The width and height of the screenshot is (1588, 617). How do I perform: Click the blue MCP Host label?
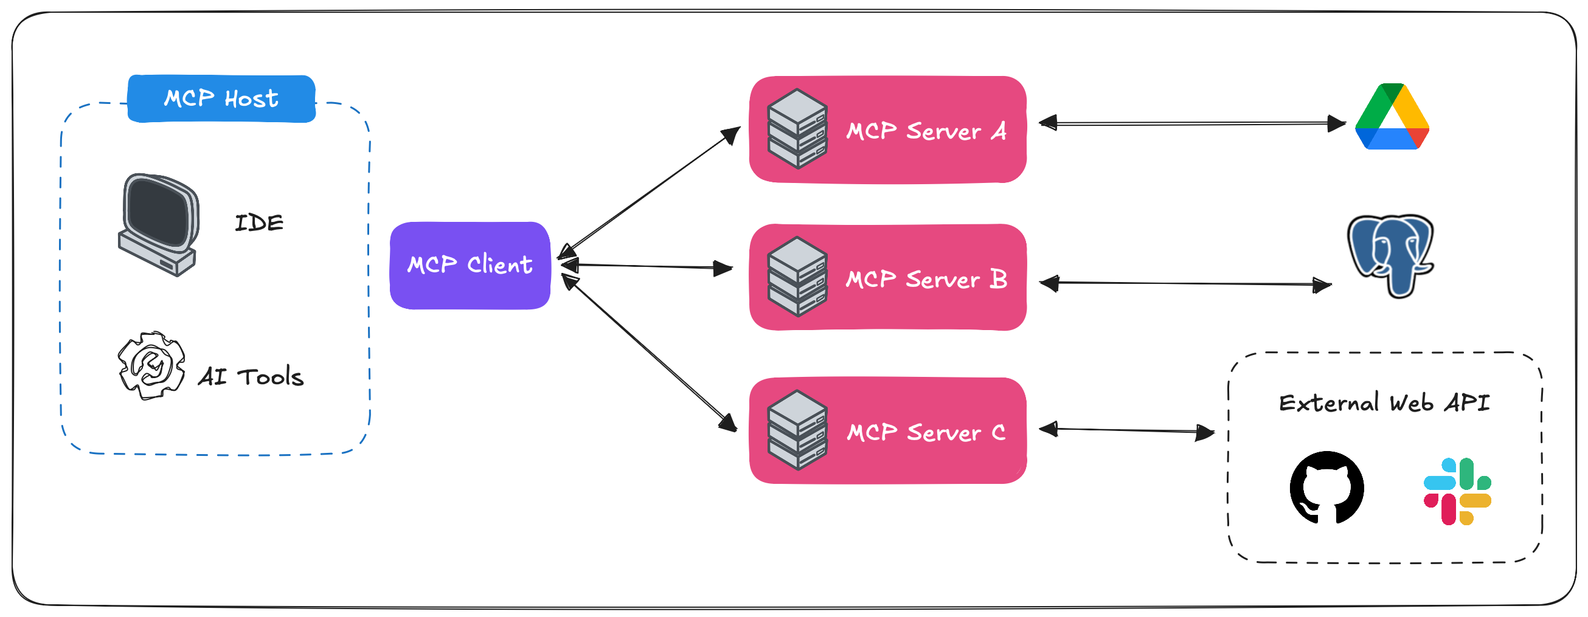pyautogui.click(x=221, y=98)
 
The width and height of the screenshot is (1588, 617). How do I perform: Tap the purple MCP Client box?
pyautogui.click(x=470, y=265)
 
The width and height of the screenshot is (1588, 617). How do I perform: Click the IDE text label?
pyautogui.click(x=259, y=222)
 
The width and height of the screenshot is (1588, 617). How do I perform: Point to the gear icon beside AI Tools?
pyautogui.click(x=151, y=365)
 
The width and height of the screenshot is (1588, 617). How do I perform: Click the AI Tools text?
pyautogui.click(x=251, y=377)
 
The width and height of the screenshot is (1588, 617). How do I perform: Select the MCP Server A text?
pyautogui.click(x=926, y=131)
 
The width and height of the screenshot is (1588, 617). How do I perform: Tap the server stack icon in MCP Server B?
pyautogui.click(x=797, y=277)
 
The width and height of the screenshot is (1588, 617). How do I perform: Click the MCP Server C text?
pyautogui.click(x=926, y=432)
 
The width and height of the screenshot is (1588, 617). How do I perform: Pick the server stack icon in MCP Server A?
pyautogui.click(x=797, y=129)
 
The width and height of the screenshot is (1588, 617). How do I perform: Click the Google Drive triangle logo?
pyautogui.click(x=1392, y=117)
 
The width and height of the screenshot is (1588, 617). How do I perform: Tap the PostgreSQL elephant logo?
pyautogui.click(x=1391, y=255)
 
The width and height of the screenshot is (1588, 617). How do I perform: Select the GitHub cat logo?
pyautogui.click(x=1326, y=488)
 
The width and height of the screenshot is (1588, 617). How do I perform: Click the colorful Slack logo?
pyautogui.click(x=1457, y=491)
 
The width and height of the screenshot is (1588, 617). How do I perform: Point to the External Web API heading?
pyautogui.click(x=1384, y=403)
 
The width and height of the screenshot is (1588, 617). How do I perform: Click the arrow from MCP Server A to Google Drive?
pyautogui.click(x=1192, y=124)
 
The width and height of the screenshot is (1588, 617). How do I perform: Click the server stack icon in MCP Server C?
pyautogui.click(x=797, y=430)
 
